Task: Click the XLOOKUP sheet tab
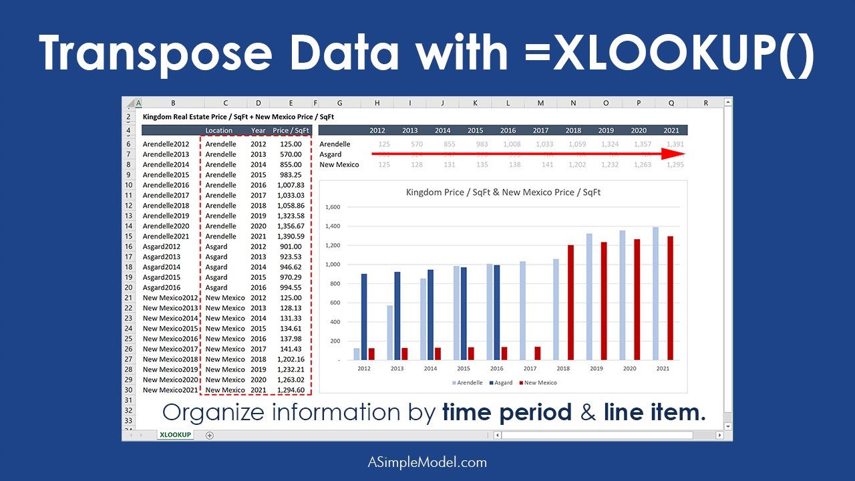coord(175,435)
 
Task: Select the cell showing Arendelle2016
coord(166,185)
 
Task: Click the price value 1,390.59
coord(291,236)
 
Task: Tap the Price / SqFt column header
coord(291,130)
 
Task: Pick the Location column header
coord(219,130)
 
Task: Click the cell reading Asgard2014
coord(162,267)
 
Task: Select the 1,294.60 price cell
coord(291,390)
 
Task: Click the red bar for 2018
coord(571,303)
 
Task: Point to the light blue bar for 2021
coord(656,294)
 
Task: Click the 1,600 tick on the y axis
coord(332,207)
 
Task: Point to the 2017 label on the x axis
coord(530,368)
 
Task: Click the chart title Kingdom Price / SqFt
coord(503,192)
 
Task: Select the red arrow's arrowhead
coord(675,154)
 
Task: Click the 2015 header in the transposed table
coord(475,130)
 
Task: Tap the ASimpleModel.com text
coord(427,462)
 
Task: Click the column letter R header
coord(706,103)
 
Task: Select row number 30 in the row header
coord(128,390)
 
